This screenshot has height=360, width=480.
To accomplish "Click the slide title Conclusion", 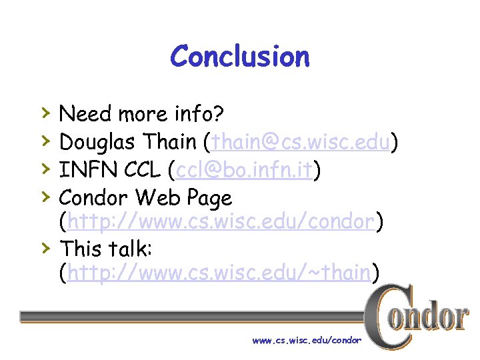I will (x=240, y=57).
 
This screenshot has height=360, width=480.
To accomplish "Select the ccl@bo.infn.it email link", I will (x=245, y=170).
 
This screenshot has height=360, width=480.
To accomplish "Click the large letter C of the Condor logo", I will (x=386, y=317).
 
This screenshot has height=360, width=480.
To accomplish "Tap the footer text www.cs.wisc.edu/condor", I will (x=307, y=341).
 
